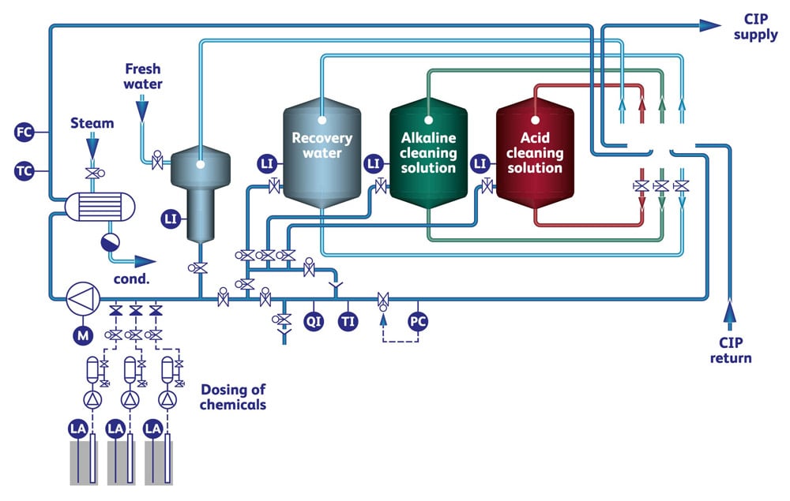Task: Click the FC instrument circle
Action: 24,132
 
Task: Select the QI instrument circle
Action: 314,321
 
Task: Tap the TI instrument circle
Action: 348,321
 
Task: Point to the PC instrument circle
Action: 418,321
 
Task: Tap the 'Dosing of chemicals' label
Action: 233,397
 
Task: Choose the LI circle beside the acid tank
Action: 479,163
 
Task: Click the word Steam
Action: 92,123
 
